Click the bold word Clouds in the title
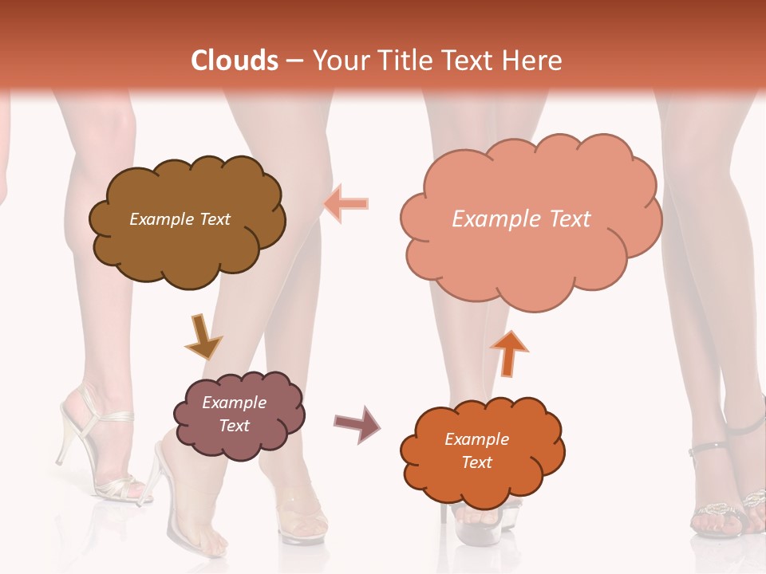coord(235,61)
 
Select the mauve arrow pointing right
coord(357,423)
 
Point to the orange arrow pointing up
coord(509,352)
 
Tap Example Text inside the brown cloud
coord(180,219)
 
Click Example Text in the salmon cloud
coord(521,219)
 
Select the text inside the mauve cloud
coord(235,414)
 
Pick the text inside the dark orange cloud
coord(476,450)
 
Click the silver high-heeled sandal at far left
coord(96,446)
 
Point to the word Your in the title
coord(335,61)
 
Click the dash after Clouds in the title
coord(294,61)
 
